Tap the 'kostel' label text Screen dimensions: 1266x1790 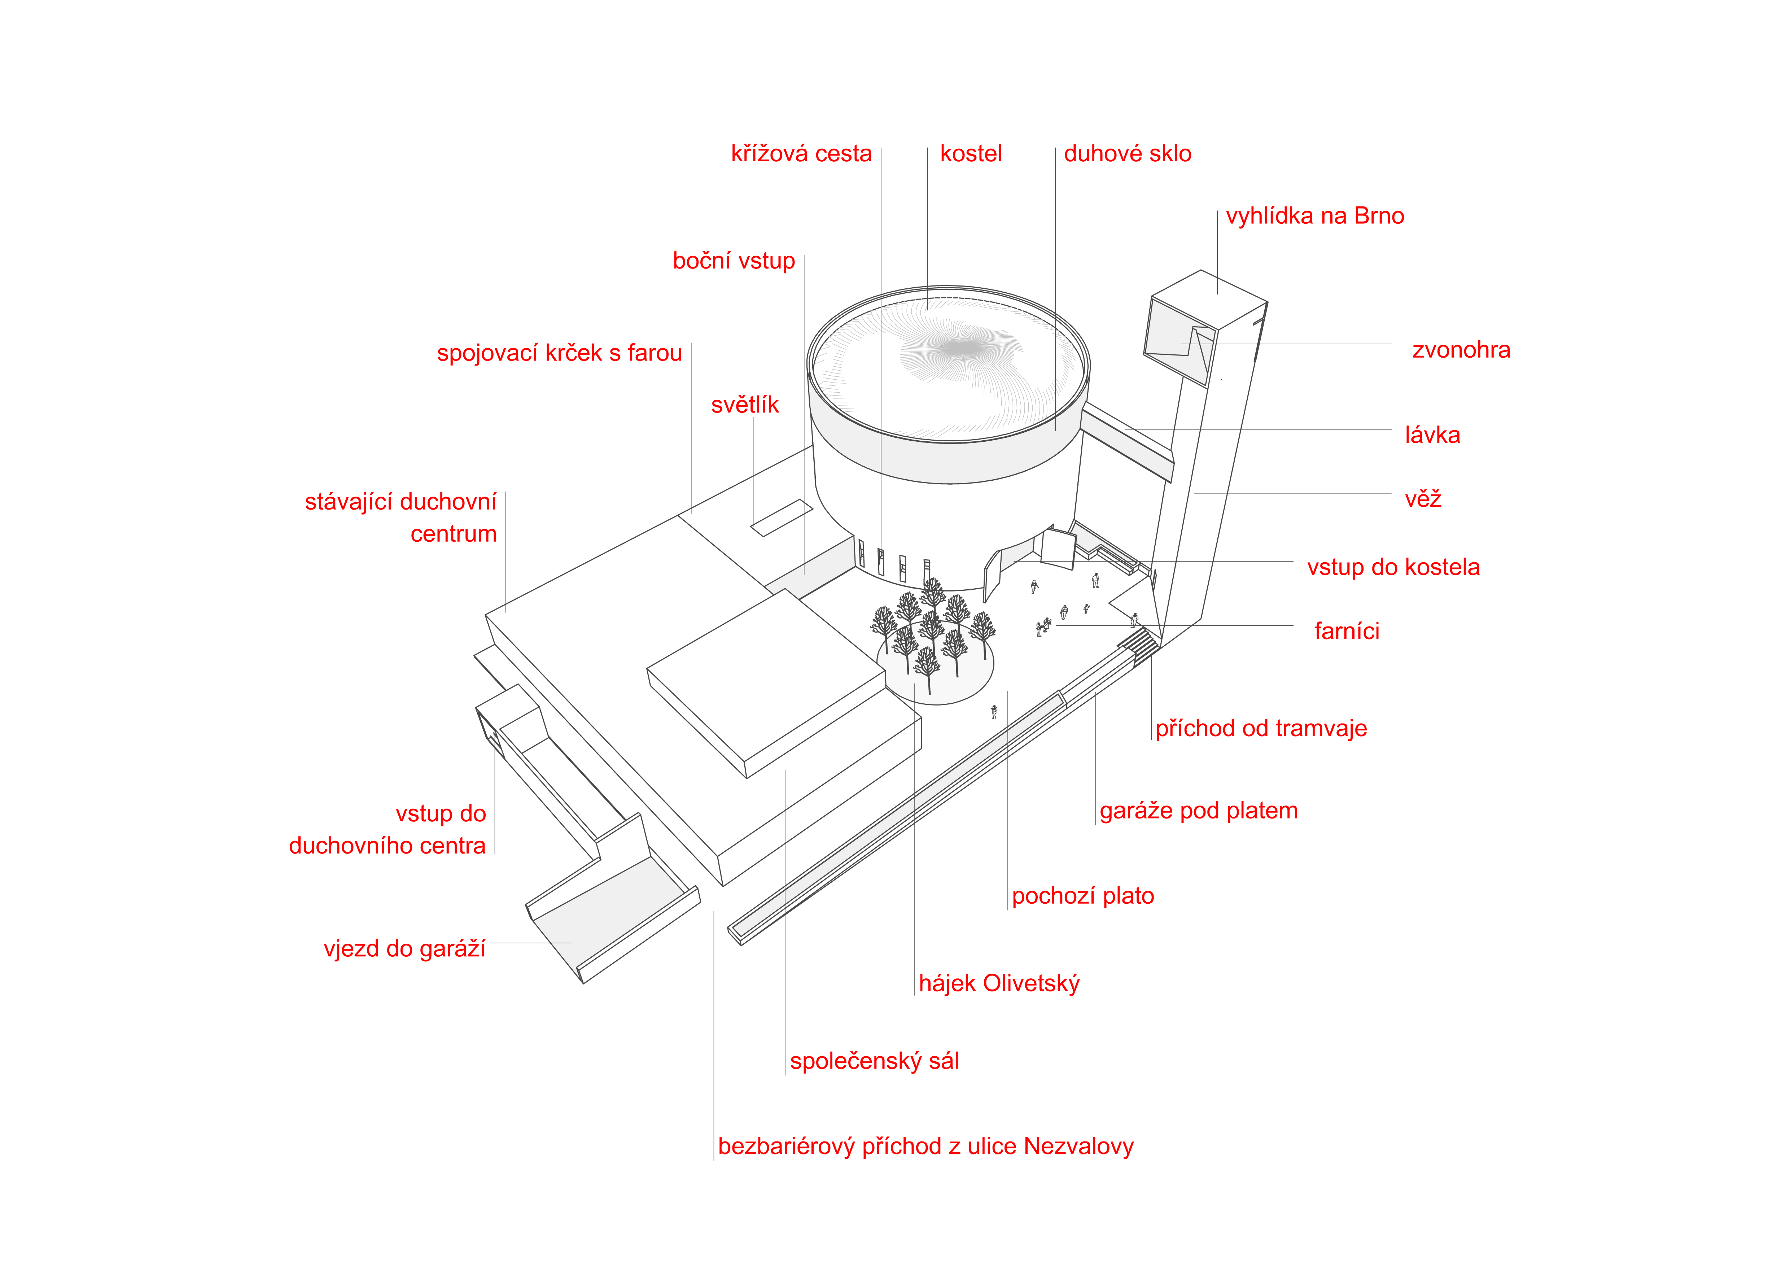(x=971, y=154)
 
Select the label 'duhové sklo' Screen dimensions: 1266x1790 (x=1127, y=154)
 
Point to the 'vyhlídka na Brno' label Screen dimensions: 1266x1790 (x=1314, y=217)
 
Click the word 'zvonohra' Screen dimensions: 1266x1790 (x=1461, y=351)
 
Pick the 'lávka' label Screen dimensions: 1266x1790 (x=1432, y=436)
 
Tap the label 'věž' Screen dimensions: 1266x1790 (x=1423, y=500)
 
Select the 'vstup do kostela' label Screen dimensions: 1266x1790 (x=1393, y=568)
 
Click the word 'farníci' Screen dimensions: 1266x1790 (x=1347, y=632)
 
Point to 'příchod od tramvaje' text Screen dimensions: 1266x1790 (x=1261, y=729)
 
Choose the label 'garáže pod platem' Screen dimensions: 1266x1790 (x=1198, y=812)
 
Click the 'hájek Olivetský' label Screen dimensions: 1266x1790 (x=999, y=984)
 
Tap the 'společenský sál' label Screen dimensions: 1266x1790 (x=874, y=1062)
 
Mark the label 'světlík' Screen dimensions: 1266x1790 (x=744, y=405)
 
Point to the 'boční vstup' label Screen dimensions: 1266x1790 (x=734, y=261)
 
